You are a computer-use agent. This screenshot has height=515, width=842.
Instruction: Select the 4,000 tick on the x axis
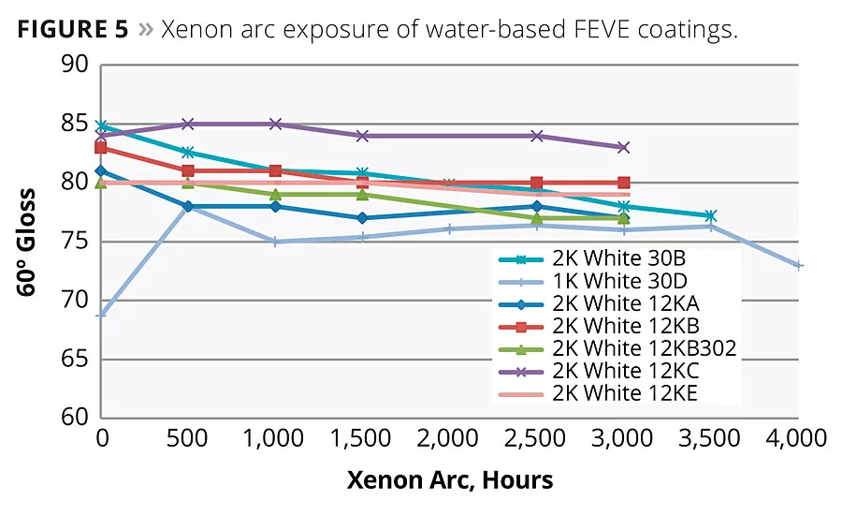coord(798,438)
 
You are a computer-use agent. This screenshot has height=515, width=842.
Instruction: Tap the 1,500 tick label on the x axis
coord(362,438)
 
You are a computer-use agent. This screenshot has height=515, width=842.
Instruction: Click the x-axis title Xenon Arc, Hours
coord(450,481)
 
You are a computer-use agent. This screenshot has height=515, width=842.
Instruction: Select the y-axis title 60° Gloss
coord(27,242)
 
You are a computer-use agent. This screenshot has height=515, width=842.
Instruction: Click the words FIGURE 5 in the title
coord(70,29)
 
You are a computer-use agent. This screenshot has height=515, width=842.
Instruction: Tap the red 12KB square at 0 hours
coord(101,148)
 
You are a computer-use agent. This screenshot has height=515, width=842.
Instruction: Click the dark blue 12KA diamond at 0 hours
coord(101,171)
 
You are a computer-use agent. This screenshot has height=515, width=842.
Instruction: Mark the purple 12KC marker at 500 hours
coord(188,124)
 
